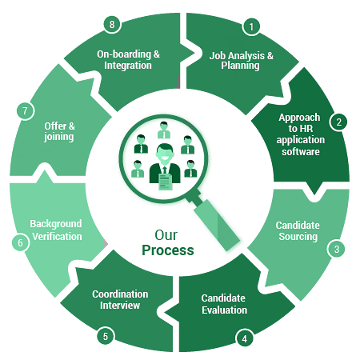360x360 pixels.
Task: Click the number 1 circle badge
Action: (x=251, y=26)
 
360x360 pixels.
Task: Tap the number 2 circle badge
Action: (x=338, y=122)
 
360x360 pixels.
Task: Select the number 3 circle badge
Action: (x=337, y=249)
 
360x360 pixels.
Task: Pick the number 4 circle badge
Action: (x=244, y=338)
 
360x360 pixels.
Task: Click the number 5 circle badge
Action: (x=106, y=336)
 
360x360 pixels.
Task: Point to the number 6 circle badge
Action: (x=20, y=242)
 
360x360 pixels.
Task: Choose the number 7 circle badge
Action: (x=25, y=111)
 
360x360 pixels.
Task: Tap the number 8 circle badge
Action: (x=112, y=24)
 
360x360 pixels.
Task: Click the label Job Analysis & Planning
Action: (x=241, y=61)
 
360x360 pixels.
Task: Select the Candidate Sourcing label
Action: (x=298, y=231)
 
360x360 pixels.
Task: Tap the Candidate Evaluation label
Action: (x=224, y=304)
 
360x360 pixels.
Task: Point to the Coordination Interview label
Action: (x=120, y=300)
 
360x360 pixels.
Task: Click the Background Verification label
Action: (x=56, y=230)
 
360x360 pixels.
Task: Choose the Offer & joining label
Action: (x=59, y=131)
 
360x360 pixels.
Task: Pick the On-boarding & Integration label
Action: (x=128, y=60)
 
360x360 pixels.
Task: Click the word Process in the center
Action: (x=168, y=250)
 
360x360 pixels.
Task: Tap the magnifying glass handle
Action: (x=216, y=225)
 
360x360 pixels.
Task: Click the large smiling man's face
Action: (x=165, y=154)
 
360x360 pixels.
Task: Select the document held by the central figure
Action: (x=166, y=182)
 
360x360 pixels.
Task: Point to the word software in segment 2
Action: (x=301, y=152)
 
